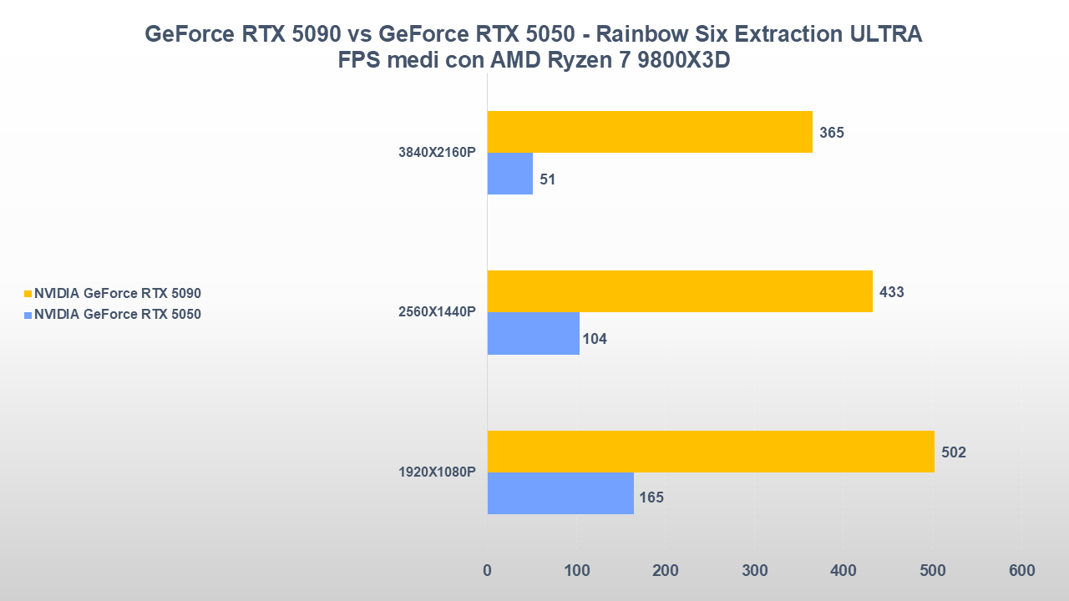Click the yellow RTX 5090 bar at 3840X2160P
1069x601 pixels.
coord(650,132)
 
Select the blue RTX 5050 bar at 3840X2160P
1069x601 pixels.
coord(510,174)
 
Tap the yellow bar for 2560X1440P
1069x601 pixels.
coord(680,291)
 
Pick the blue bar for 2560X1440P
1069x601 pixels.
coord(534,333)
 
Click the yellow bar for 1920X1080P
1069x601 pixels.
coord(711,452)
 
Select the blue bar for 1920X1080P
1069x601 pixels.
coord(560,493)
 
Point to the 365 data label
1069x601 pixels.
coord(832,133)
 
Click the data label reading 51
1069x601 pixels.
coord(548,179)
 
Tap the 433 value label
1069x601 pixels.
coord(892,292)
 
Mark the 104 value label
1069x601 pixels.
coord(595,339)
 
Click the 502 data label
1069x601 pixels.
coord(954,452)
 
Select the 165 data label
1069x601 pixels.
coord(651,498)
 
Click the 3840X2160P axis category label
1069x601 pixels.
coord(437,153)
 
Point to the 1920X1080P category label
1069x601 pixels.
coord(437,472)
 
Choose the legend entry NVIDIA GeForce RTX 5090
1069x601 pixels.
coord(118,294)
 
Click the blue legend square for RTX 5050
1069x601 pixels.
coord(28,316)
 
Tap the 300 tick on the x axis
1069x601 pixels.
coord(754,571)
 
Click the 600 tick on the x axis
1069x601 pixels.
coord(1021,571)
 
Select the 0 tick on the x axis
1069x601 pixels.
coord(488,571)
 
